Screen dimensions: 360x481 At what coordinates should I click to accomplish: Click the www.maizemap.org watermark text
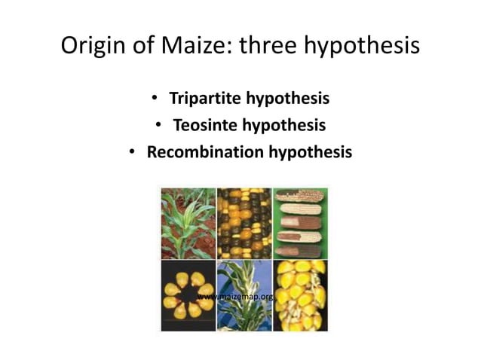pos(235,297)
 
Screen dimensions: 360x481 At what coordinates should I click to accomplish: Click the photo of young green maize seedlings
pos(188,224)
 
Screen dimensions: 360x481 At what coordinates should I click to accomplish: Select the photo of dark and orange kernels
pos(244,224)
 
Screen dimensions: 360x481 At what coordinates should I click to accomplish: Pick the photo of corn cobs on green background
pos(300,224)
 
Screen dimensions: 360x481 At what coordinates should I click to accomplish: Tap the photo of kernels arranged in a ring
pos(188,294)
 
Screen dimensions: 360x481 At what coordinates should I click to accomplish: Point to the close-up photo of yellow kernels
pos(300,294)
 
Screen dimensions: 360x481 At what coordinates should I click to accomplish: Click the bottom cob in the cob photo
pos(300,250)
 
